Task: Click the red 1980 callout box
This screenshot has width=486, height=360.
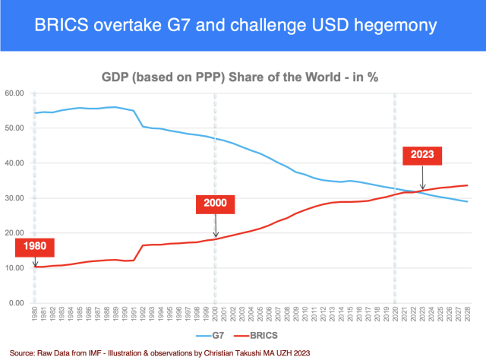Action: (x=33, y=247)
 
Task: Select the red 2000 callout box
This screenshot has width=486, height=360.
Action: (x=215, y=204)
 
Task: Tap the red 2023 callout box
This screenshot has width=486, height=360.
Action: (x=422, y=154)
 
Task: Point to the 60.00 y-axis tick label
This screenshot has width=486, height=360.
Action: (x=15, y=93)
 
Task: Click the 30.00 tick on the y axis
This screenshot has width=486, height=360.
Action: (x=15, y=198)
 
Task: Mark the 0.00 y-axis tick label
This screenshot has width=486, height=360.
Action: (x=17, y=303)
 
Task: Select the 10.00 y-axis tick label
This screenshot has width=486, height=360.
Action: (x=15, y=268)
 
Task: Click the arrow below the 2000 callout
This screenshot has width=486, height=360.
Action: (x=215, y=226)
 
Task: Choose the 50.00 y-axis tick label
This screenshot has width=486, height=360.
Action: (x=15, y=128)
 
